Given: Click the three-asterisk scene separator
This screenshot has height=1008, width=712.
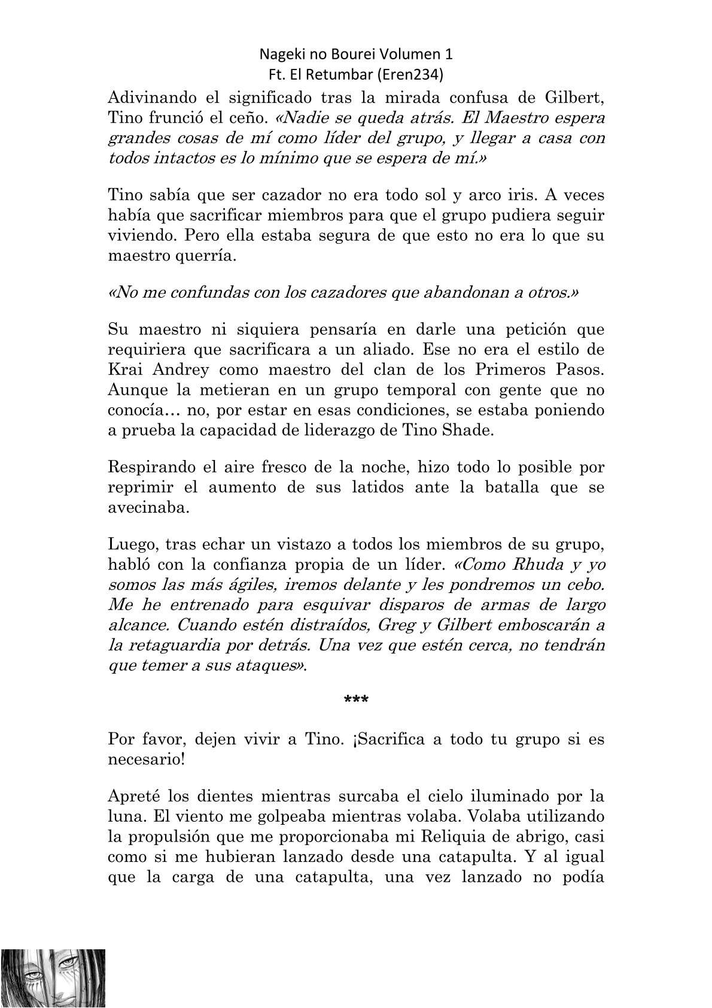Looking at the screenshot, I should pyautogui.click(x=357, y=700).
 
